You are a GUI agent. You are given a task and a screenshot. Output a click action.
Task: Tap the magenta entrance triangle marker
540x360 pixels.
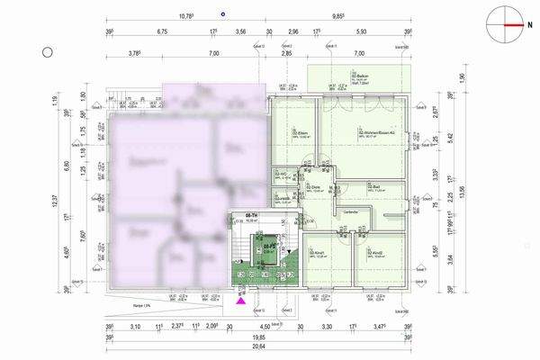coord(240,304)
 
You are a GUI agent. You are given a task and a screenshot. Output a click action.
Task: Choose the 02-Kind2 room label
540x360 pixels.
coord(371,253)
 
